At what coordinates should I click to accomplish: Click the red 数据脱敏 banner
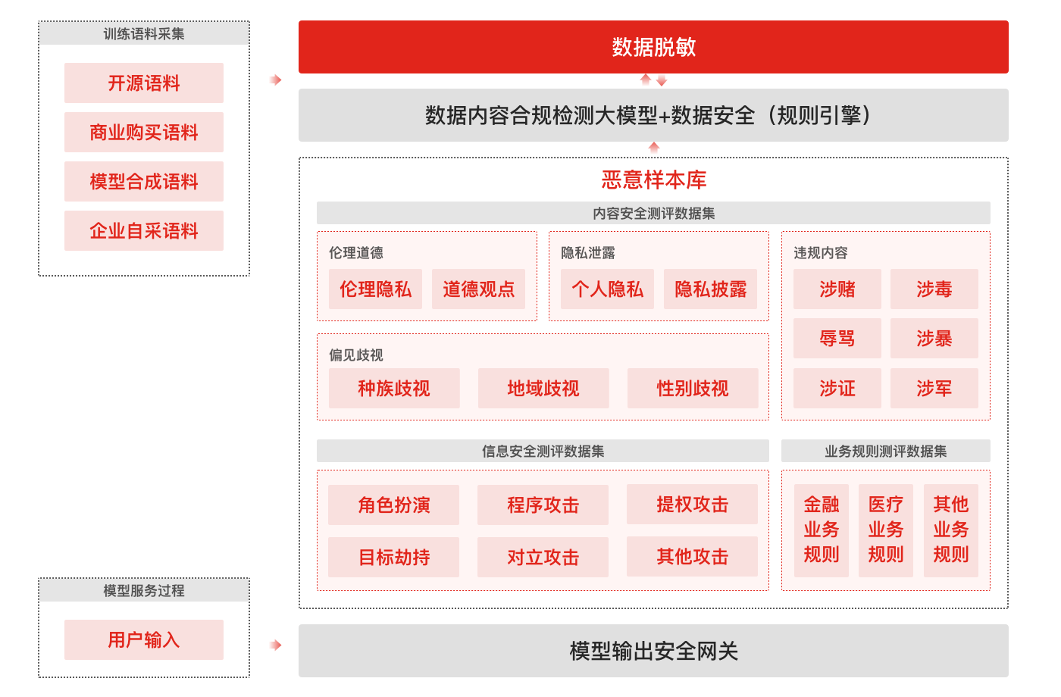(653, 47)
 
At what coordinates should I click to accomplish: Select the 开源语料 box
(144, 83)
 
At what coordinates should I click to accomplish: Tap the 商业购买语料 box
(144, 133)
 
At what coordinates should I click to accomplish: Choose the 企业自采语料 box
(144, 231)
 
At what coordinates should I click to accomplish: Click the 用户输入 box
(144, 640)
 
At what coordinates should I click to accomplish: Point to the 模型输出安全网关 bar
(653, 651)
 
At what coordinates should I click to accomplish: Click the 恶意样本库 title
(653, 180)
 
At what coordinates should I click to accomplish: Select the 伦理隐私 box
(375, 289)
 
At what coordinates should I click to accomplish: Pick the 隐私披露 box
(710, 289)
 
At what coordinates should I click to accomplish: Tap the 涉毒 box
(934, 289)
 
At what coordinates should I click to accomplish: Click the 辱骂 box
(837, 339)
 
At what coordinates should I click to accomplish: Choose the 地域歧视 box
(543, 389)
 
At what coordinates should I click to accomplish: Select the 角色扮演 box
(393, 505)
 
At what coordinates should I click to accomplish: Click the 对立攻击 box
(543, 558)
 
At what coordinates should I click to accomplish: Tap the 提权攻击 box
(692, 505)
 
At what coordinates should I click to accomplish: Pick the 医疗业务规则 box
(885, 530)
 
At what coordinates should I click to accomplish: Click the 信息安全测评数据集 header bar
(543, 452)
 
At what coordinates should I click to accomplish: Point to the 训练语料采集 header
(144, 34)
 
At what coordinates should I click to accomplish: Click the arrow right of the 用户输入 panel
(276, 645)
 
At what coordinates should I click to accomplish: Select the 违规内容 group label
(820, 253)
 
